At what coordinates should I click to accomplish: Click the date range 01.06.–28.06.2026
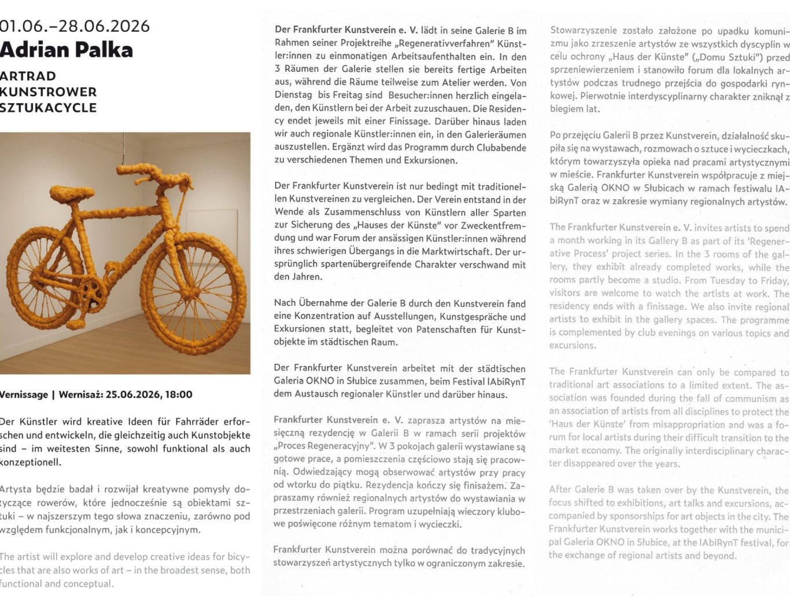[75, 26]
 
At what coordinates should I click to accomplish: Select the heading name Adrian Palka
[67, 50]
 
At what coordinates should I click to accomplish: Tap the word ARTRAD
[28, 76]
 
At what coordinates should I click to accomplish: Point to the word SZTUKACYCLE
[48, 108]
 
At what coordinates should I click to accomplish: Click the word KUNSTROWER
[48, 91]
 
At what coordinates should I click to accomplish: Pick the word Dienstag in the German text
[293, 95]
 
